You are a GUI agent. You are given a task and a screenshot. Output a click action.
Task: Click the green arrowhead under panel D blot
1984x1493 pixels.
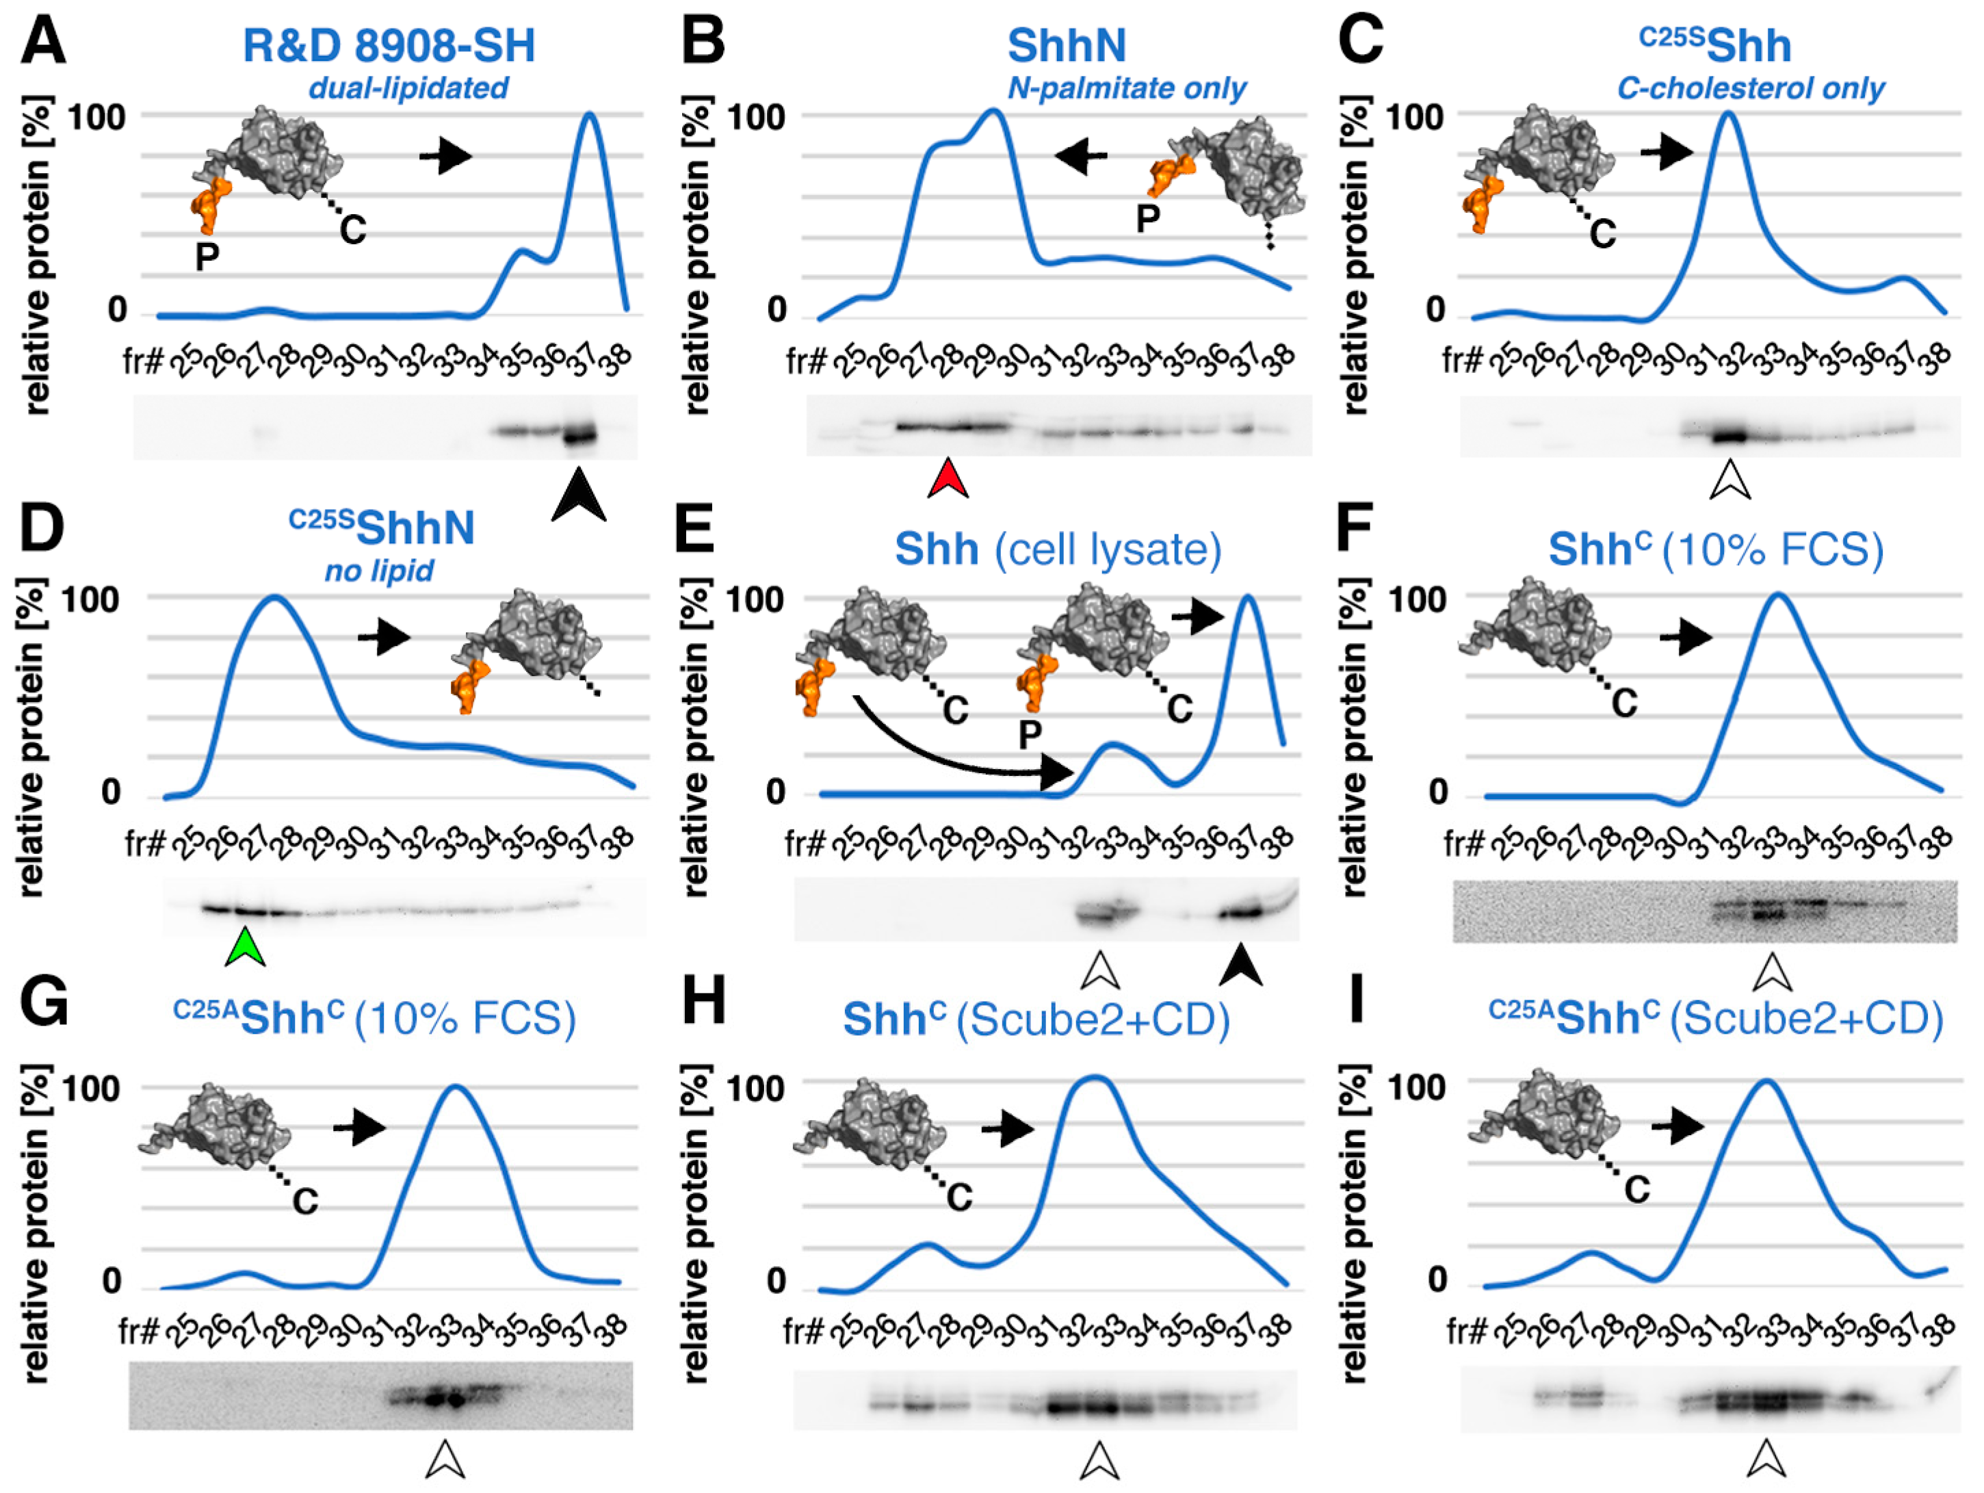(x=245, y=949)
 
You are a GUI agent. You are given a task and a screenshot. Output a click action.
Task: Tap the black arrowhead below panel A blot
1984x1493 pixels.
(x=579, y=495)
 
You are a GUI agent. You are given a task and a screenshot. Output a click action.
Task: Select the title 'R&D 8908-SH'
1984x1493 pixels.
(x=389, y=46)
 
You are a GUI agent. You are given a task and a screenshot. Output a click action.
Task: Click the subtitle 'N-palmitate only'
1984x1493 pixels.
(x=1127, y=88)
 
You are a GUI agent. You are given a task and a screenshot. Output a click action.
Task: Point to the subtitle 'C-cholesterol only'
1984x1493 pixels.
(x=1750, y=88)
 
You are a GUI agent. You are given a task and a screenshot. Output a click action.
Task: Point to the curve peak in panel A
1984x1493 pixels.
(x=589, y=114)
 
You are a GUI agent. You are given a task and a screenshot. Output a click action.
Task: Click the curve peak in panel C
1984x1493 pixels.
(x=1727, y=114)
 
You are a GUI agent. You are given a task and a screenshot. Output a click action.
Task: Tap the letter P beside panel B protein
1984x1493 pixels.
(x=1147, y=218)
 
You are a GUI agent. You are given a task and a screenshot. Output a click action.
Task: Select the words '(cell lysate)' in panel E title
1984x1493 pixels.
(x=1107, y=549)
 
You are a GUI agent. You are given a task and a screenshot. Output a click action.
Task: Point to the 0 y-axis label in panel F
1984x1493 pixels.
(x=1438, y=792)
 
